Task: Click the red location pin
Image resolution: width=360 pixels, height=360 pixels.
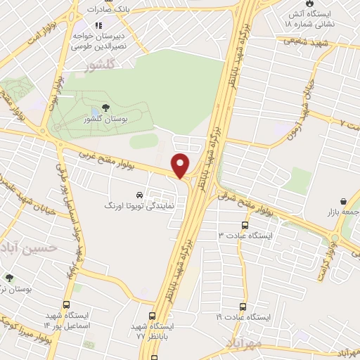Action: tap(181, 165)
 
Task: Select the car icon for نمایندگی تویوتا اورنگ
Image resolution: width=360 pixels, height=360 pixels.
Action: tap(139, 195)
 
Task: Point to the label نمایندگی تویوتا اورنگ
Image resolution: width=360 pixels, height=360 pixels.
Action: tap(139, 207)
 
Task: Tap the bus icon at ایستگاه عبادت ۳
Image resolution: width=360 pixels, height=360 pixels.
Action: tap(244, 226)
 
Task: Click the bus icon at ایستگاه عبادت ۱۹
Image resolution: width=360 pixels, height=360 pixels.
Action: tap(243, 307)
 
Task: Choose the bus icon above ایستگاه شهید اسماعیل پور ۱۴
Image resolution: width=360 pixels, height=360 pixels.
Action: tap(66, 306)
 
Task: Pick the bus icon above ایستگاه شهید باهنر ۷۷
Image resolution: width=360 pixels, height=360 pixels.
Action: tap(153, 316)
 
